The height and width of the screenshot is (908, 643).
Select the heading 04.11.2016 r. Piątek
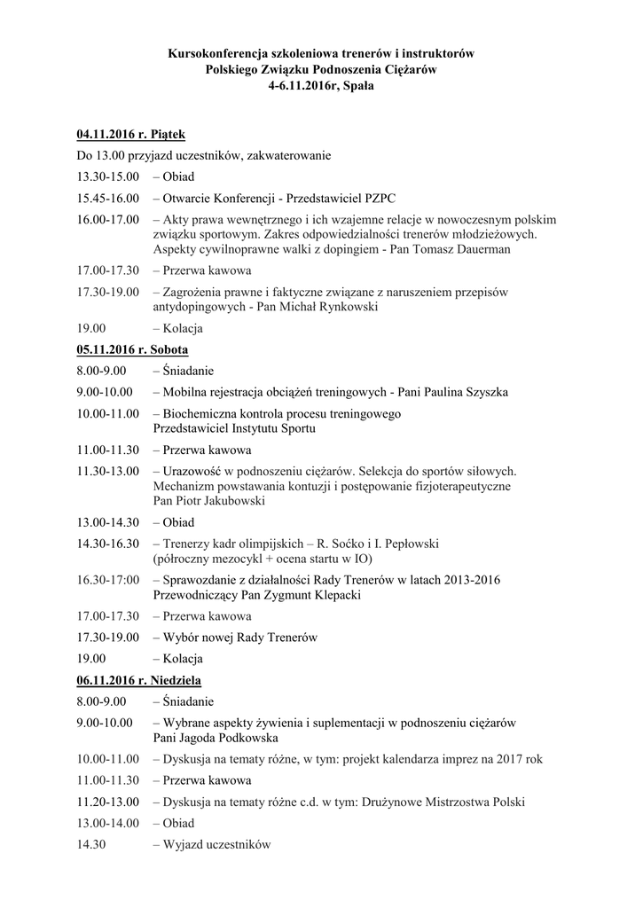click(130, 134)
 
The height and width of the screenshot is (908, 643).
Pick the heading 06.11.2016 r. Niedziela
click(138, 680)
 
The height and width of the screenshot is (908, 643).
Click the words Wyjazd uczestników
click(216, 844)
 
